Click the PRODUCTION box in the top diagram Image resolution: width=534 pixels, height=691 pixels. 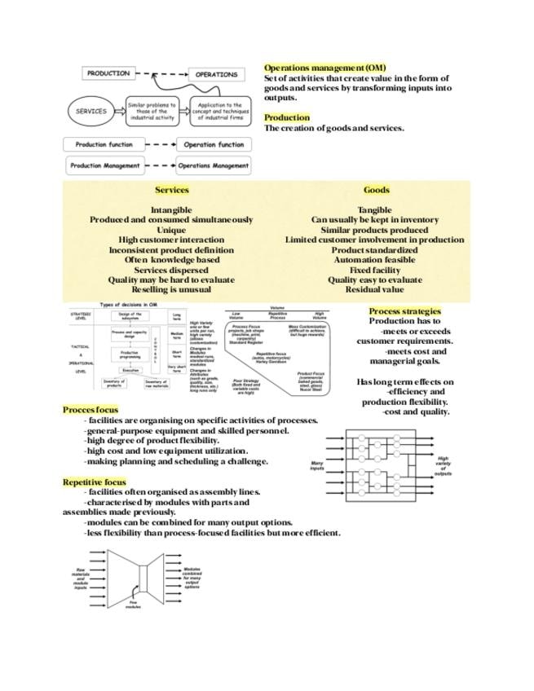108,73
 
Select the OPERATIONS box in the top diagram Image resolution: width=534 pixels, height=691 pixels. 216,74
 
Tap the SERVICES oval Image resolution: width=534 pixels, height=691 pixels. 91,112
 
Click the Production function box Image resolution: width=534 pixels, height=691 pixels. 104,145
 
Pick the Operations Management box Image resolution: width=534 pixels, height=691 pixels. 214,165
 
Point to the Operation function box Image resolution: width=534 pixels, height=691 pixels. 214,145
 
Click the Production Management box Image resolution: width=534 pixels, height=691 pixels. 105,165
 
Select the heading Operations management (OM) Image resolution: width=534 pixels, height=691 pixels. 324,68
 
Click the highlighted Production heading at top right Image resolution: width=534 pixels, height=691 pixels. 287,118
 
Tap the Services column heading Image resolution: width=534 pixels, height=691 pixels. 171,190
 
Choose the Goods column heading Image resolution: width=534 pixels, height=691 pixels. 376,190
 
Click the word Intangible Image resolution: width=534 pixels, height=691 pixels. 171,210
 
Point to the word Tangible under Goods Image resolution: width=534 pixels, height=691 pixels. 374,210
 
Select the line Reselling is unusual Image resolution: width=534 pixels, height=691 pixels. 171,289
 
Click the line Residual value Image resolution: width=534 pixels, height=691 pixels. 374,289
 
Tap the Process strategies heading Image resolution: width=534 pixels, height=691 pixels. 404,310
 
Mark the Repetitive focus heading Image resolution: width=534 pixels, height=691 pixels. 95,482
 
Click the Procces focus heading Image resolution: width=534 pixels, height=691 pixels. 90,409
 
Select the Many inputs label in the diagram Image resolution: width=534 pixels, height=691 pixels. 317,467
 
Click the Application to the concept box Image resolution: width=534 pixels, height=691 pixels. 219,112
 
